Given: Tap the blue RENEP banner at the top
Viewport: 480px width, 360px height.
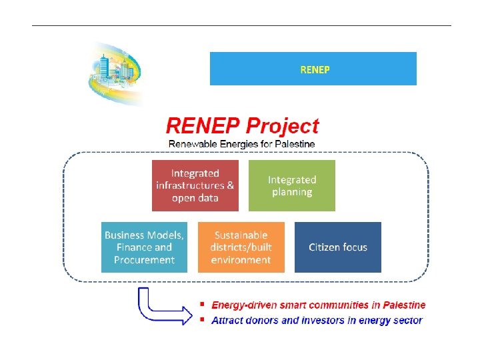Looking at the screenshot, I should (313, 69).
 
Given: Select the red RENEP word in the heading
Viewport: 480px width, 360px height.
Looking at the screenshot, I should (202, 125).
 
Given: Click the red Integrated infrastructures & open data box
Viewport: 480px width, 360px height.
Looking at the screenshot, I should (195, 185).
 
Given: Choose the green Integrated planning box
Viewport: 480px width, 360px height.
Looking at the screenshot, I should (291, 185).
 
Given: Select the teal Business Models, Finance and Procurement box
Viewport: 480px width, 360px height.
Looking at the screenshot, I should (144, 247).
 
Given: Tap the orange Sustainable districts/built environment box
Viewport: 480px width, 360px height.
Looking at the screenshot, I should (241, 247).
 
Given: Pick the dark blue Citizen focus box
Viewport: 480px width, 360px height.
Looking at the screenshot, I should (337, 247).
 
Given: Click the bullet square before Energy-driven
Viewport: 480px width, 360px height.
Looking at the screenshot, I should (202, 304).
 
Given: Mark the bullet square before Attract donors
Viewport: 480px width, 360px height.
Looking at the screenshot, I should (202, 319).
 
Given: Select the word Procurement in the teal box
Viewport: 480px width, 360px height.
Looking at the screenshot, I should (144, 260).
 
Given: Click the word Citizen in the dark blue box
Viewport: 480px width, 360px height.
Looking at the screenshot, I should (323, 247).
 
